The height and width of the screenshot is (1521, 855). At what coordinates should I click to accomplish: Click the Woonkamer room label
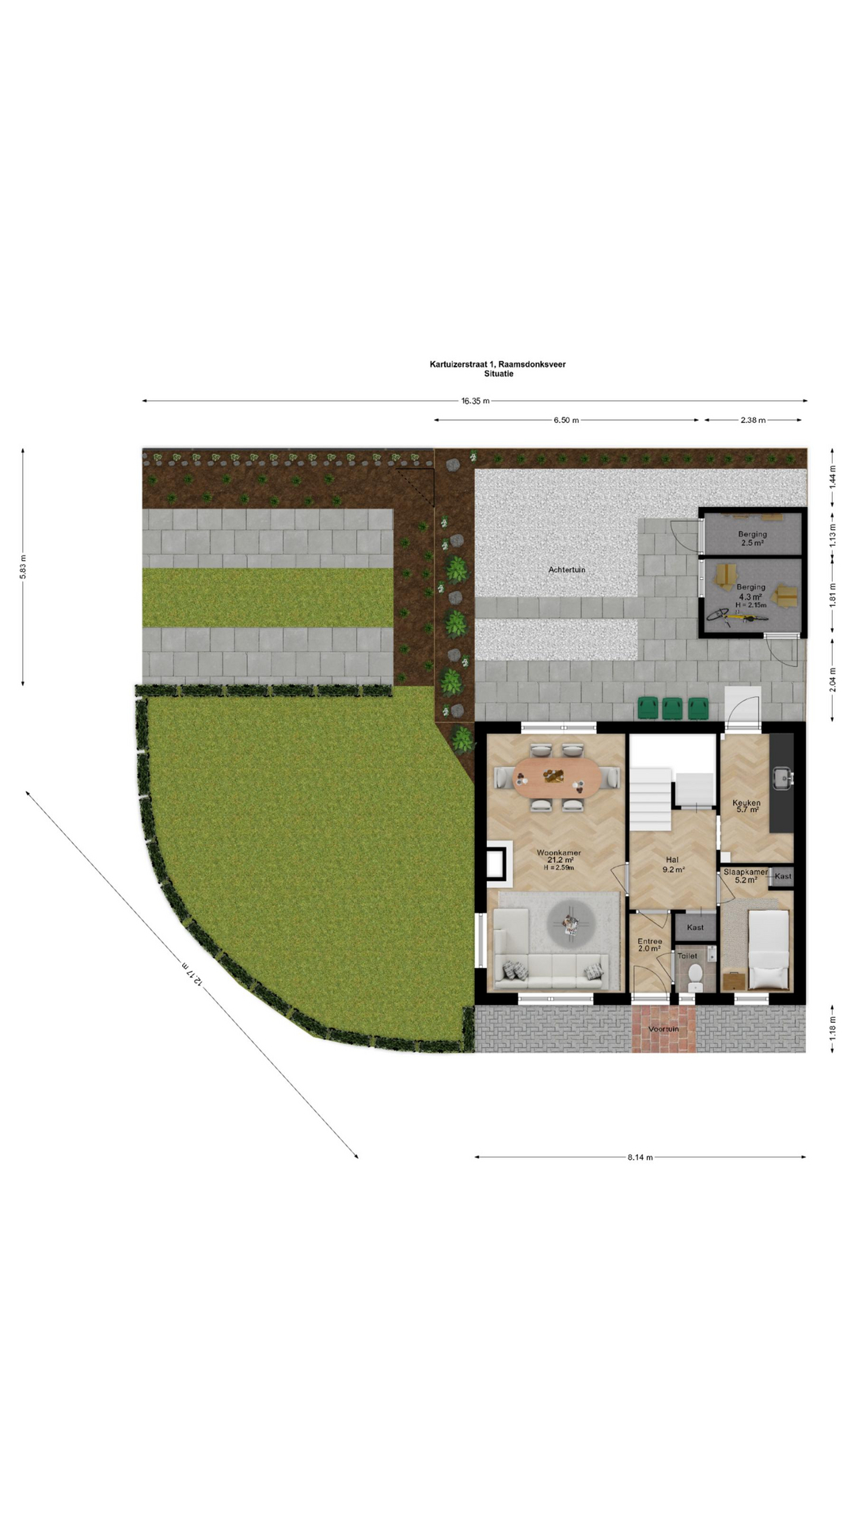[x=559, y=853]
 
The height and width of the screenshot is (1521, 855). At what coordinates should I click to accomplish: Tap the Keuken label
[x=747, y=802]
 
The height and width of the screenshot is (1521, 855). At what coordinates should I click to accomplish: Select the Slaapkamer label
[x=746, y=872]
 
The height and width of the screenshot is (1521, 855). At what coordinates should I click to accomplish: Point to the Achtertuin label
[x=567, y=570]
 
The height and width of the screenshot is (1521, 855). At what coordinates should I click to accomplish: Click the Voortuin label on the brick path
[x=663, y=1029]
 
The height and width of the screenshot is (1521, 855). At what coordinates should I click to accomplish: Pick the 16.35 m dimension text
[x=475, y=401]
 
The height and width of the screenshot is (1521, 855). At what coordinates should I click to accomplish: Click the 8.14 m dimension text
[x=640, y=1157]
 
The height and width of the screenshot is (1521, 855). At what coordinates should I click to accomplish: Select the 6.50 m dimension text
[x=566, y=420]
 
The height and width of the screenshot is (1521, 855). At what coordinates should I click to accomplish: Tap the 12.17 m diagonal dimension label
[x=192, y=974]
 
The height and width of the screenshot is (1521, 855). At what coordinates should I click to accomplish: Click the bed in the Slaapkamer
[x=769, y=950]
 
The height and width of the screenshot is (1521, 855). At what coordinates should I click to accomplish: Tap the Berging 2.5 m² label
[x=752, y=539]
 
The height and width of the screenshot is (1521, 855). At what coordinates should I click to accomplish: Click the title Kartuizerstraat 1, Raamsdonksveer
[x=498, y=364]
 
